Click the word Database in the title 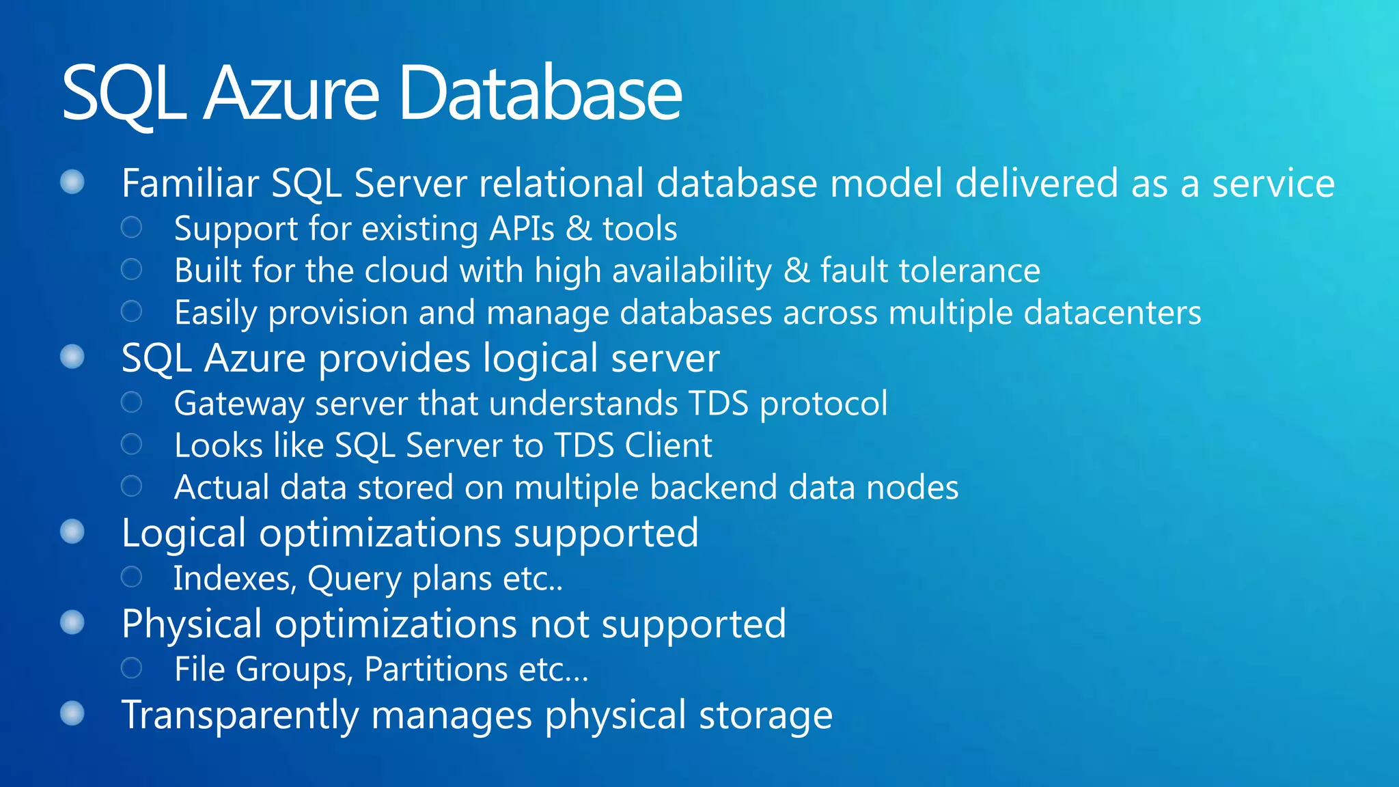point(540,94)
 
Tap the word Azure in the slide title point(291,94)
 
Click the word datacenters point(1112,313)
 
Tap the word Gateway point(238,404)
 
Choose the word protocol point(824,404)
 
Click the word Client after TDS point(668,445)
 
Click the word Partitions point(436,669)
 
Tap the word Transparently point(240,715)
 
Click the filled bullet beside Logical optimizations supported point(72,532)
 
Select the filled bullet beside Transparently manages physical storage point(72,713)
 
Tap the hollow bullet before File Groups point(131,667)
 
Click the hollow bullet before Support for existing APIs point(131,227)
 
